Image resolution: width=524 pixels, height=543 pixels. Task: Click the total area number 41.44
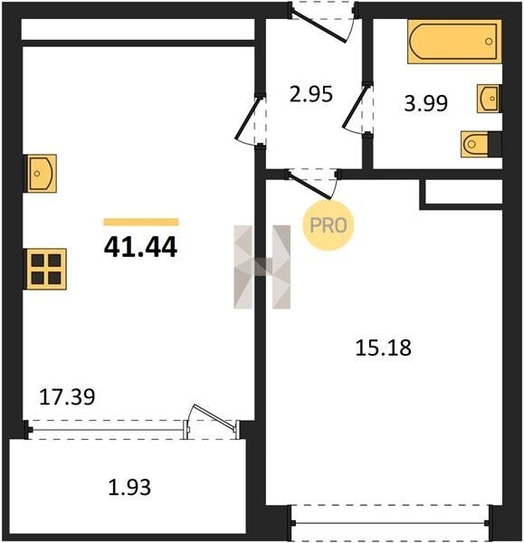140,246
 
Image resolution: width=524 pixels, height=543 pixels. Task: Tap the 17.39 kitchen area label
67,397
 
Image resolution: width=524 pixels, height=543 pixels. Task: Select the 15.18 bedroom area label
384,348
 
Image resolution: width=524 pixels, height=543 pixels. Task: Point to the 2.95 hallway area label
311,94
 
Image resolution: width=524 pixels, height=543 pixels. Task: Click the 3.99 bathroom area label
426,103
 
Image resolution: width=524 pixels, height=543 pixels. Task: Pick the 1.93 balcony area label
129,487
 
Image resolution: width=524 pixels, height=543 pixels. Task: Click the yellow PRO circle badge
329,225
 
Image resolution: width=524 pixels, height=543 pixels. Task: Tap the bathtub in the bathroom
454,42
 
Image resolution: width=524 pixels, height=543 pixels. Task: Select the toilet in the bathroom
481,144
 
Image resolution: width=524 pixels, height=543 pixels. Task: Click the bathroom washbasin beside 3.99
489,99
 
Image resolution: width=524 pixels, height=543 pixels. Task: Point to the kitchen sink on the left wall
40,174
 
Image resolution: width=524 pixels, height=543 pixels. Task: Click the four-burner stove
45,269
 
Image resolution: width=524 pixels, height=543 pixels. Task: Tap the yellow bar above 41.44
141,222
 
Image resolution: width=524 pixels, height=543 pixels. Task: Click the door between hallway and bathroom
357,108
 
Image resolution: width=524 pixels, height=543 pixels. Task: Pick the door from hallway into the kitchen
250,119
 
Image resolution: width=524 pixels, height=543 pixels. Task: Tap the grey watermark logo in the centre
262,267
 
